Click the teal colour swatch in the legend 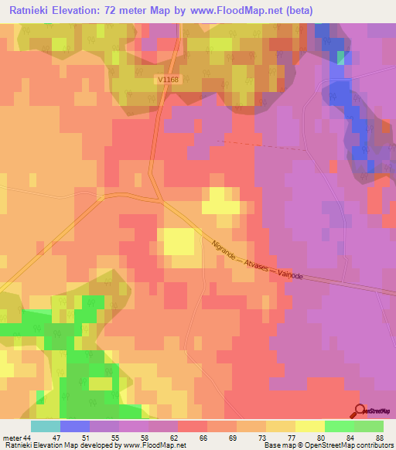pyautogui.click(x=45, y=426)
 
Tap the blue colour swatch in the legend pyautogui.click(x=74, y=426)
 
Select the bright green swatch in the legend pyautogui.click(x=339, y=426)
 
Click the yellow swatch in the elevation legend pyautogui.click(x=309, y=426)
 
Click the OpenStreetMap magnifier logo pyautogui.click(x=360, y=411)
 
